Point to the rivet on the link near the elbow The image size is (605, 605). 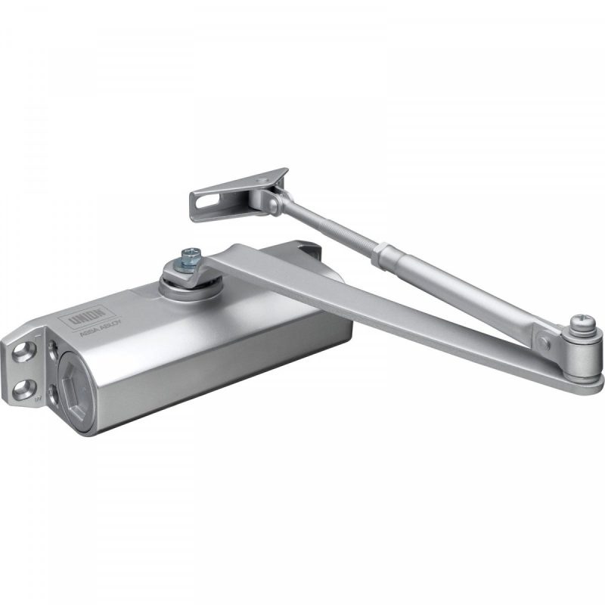coord(546,340)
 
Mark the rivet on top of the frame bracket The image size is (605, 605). coord(261,179)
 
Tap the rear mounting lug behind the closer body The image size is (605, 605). coord(306,250)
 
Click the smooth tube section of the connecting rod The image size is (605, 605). coord(461,291)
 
